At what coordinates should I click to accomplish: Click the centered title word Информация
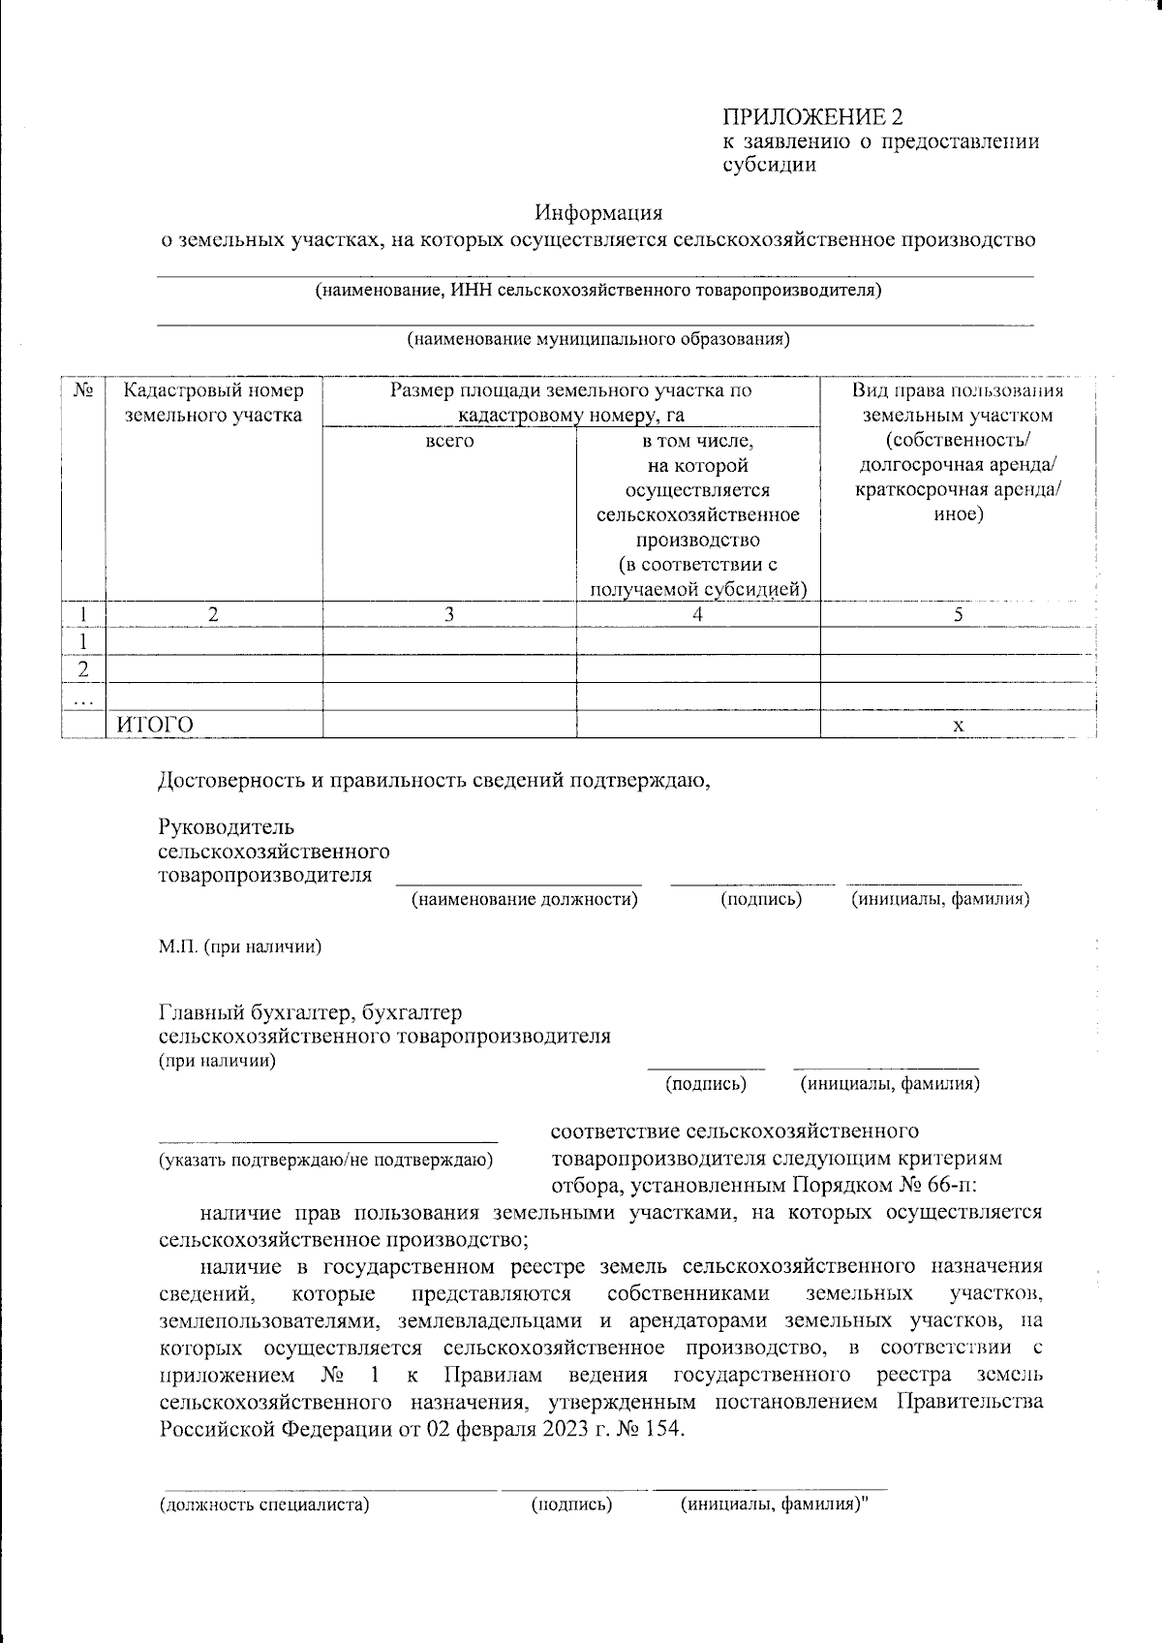(600, 212)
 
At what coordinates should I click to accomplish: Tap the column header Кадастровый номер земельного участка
(213, 403)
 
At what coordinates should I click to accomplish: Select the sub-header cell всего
(449, 441)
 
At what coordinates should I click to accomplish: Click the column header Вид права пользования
(957, 391)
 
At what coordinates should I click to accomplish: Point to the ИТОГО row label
(155, 725)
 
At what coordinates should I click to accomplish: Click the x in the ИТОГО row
(958, 725)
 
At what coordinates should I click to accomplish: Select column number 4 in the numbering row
(697, 614)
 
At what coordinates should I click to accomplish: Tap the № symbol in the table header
(83, 390)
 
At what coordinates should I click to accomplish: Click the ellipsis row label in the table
(83, 698)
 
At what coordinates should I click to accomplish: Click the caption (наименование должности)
(524, 899)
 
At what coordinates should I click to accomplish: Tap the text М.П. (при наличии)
(240, 946)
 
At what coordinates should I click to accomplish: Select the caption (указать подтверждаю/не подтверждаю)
(326, 1160)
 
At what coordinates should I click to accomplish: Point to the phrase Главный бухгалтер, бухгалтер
(310, 1012)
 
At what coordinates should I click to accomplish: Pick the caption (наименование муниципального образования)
(597, 339)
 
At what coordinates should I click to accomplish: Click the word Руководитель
(226, 827)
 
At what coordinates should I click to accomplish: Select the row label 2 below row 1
(83, 669)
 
